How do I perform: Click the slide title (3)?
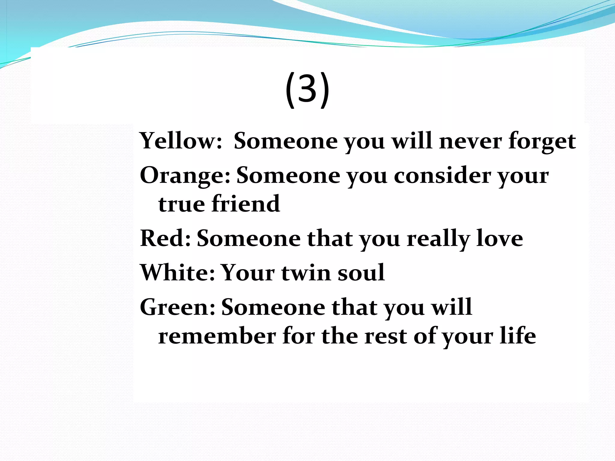(x=307, y=89)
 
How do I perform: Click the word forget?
(x=542, y=141)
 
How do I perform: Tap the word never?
(x=470, y=141)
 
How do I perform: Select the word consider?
(x=441, y=175)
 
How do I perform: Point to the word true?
(x=182, y=204)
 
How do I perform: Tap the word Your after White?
(x=248, y=273)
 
